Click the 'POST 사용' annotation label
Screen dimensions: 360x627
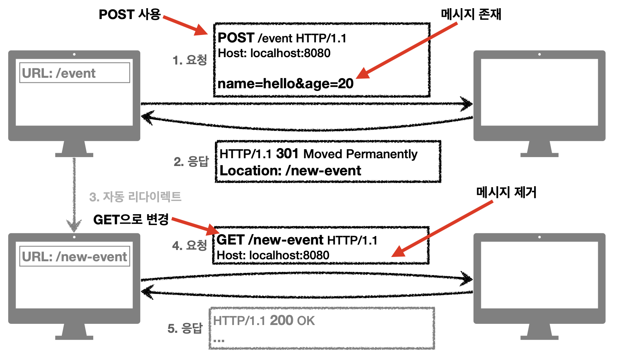[x=129, y=14]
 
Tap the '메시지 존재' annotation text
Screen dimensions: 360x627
[x=471, y=14]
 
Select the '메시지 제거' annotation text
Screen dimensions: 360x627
[x=506, y=192]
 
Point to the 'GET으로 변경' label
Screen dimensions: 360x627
[x=131, y=220]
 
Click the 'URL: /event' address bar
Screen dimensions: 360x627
[x=75, y=73]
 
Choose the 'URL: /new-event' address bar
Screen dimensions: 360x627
[x=75, y=257]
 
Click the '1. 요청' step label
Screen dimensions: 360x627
[x=190, y=60]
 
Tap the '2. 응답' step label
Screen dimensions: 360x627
[x=191, y=161]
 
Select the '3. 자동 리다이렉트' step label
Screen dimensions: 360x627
[x=135, y=197]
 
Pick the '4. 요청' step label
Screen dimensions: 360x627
[x=189, y=245]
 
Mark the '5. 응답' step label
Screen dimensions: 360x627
[x=185, y=329]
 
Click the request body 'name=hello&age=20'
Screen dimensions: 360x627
[x=286, y=84]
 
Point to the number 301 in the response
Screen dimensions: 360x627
[x=287, y=154]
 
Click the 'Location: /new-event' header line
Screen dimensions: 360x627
[x=290, y=171]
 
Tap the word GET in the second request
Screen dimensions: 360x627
[x=230, y=240]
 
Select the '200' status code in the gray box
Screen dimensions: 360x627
[x=281, y=320]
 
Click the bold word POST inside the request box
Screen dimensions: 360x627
[x=236, y=38]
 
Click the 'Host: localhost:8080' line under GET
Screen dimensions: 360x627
[x=273, y=255]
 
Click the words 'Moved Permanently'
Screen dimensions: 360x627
[x=360, y=154]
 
